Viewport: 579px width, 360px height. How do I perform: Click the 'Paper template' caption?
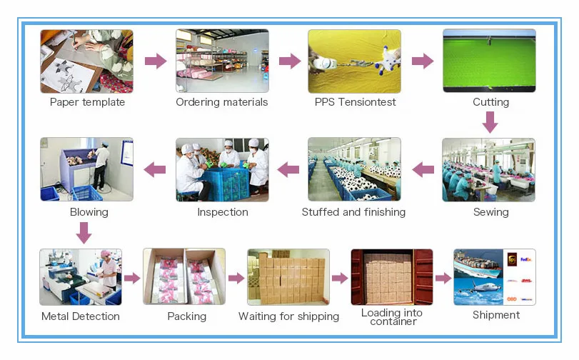[x=87, y=102]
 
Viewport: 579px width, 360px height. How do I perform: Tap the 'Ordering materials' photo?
[x=222, y=61]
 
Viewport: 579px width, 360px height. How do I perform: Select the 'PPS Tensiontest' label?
[x=355, y=102]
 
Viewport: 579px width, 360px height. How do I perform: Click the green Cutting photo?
[x=489, y=61]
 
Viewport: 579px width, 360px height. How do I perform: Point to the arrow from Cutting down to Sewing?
[x=489, y=124]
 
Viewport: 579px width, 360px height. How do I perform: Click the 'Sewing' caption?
[x=490, y=212]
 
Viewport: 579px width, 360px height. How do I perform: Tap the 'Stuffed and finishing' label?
[x=353, y=212]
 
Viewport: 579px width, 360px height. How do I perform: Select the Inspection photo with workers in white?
[x=222, y=170]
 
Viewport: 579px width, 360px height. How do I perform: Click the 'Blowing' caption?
[x=89, y=212]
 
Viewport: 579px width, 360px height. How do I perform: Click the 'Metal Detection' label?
[x=81, y=316]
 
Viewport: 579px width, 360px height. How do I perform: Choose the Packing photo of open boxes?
[x=184, y=277]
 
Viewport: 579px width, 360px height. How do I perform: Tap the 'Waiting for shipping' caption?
[x=288, y=316]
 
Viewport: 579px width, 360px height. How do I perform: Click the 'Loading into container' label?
[x=391, y=317]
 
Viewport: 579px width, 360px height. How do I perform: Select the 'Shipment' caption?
[x=495, y=315]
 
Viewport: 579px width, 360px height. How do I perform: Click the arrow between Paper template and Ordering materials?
[x=155, y=61]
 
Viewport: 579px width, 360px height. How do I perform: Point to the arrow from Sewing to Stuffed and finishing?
[x=423, y=169]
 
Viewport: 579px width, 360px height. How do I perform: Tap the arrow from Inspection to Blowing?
[x=155, y=169]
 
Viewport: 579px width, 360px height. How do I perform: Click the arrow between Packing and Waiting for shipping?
[x=236, y=278]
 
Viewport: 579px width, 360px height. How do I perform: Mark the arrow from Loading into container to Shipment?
[x=443, y=278]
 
